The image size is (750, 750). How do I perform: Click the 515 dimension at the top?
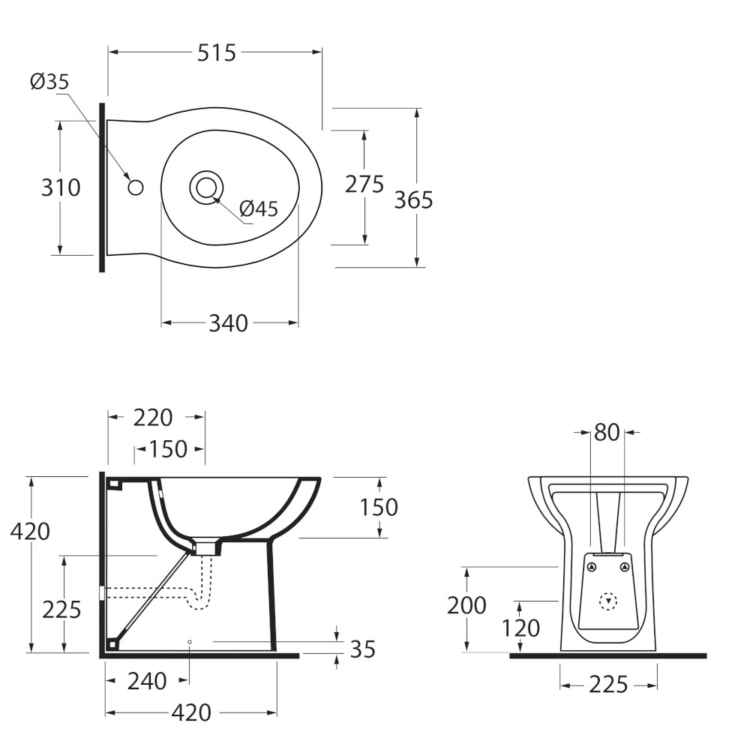pos(217,52)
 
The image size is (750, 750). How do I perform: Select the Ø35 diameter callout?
pos(49,82)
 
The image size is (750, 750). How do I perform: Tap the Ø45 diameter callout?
pos(258,208)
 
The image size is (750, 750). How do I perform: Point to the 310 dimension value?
pos(61,187)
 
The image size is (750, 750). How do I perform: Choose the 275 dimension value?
pos(364,184)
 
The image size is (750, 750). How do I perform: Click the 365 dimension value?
pos(413,200)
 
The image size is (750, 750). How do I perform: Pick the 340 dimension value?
pos(228,323)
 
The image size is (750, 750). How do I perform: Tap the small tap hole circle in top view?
pos(136,187)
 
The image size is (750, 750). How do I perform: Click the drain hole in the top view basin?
pos(207,187)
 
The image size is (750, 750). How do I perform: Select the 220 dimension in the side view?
pos(152,418)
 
